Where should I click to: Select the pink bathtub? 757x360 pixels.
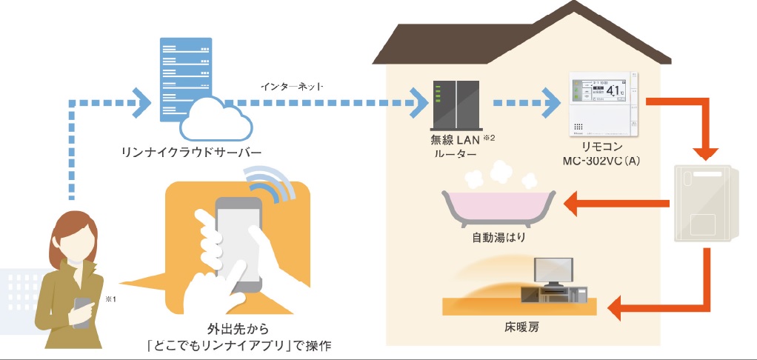[498, 207]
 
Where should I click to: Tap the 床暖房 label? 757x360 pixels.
[518, 326]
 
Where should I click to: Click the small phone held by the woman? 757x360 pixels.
[81, 311]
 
